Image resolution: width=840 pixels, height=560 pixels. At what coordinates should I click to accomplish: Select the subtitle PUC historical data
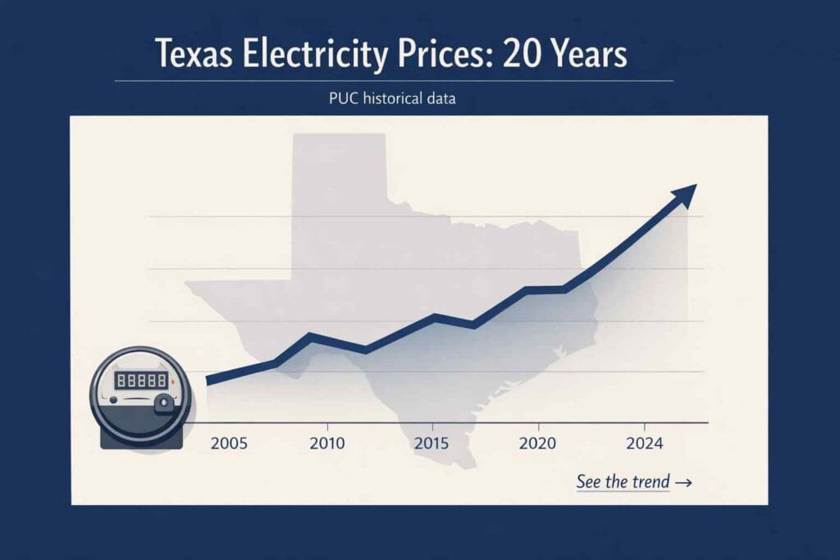pyautogui.click(x=392, y=98)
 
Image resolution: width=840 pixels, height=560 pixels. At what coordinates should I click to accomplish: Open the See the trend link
pyautogui.click(x=623, y=482)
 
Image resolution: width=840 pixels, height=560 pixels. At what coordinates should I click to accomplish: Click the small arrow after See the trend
pyautogui.click(x=683, y=483)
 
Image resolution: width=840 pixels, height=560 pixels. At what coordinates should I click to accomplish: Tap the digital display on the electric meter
pyautogui.click(x=140, y=380)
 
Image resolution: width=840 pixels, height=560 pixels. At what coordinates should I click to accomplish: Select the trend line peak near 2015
pyautogui.click(x=436, y=316)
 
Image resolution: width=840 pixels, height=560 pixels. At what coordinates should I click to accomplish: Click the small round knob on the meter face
pyautogui.click(x=165, y=403)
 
